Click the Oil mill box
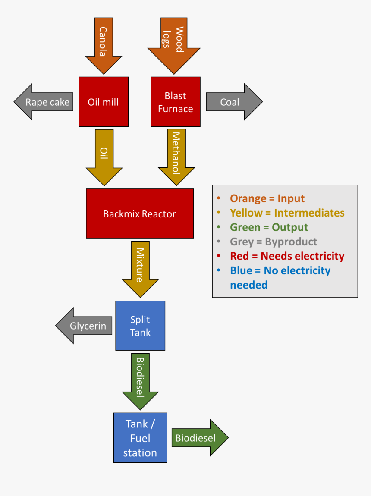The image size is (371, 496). [104, 102]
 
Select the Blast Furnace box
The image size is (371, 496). [175, 102]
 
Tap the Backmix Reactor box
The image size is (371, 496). [140, 213]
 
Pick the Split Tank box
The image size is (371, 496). [140, 326]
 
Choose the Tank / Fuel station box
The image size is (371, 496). [140, 438]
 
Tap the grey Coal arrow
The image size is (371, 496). [233, 102]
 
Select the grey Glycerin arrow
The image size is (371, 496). [85, 326]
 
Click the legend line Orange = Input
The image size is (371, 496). [267, 198]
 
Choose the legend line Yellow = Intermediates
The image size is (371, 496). [287, 213]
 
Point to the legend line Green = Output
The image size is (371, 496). [269, 227]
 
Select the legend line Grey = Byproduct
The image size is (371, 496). [274, 242]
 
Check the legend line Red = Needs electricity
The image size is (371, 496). [287, 256]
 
